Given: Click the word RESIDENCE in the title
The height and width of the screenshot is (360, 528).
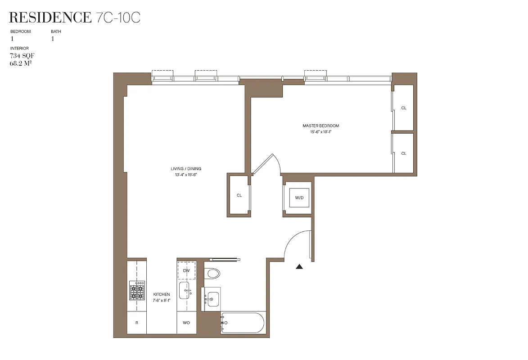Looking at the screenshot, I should coord(50,18).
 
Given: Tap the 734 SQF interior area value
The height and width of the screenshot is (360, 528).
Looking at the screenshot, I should coord(22,56).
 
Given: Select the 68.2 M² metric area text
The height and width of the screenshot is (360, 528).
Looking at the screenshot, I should coord(21,63).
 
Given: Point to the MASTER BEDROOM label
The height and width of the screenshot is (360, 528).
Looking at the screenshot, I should coord(320,126).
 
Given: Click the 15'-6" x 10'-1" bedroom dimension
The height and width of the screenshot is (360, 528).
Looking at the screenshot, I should coord(320,132).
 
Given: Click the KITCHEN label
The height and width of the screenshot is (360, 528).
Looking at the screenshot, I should coord(161,294).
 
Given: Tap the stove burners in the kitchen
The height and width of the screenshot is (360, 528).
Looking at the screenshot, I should coord(137,291).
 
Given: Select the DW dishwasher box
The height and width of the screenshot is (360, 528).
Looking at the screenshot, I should coord(186,270).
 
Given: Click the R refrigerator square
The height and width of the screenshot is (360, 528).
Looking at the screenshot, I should coord(137,323).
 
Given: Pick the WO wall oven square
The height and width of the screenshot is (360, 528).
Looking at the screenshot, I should coord(186,323).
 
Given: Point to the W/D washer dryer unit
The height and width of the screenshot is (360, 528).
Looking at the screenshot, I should coord(299,197).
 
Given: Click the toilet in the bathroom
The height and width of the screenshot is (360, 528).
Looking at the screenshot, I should coord(212,273).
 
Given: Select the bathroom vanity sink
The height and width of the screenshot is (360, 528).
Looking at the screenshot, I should coord(212,298).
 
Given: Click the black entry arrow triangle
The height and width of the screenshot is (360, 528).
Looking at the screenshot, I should coord(299,267).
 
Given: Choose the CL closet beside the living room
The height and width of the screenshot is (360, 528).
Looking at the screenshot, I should coord(239,195).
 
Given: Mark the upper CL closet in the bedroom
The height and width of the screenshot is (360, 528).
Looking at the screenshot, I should coord(403,108).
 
